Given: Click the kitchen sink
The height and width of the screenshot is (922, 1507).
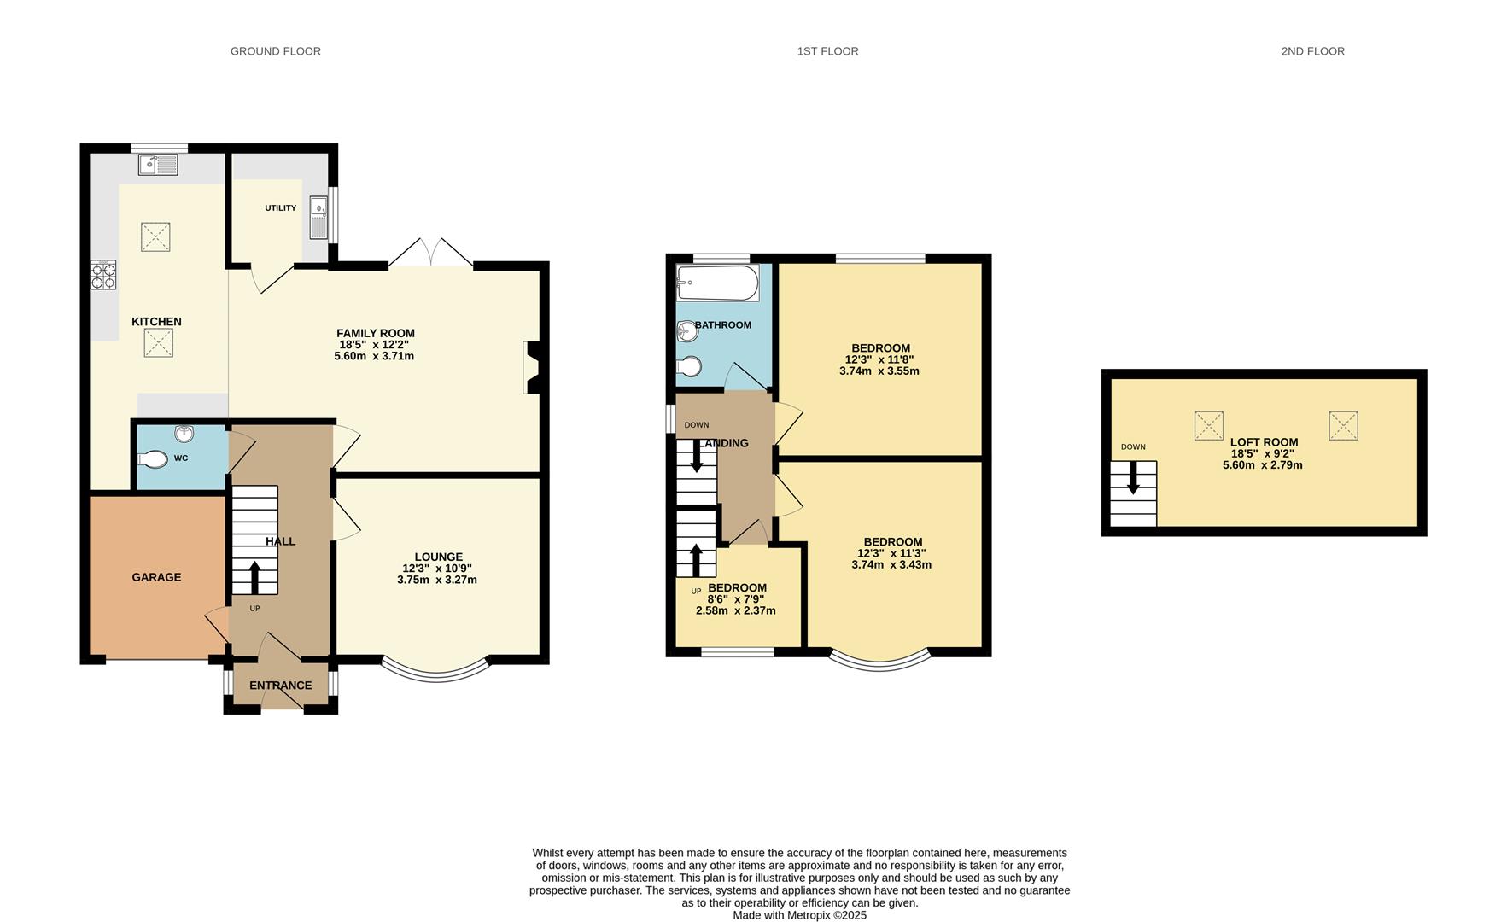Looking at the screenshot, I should coord(158,164).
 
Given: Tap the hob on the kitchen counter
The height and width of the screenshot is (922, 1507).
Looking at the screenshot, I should coord(103,274).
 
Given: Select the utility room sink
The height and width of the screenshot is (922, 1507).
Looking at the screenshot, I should coord(318,217).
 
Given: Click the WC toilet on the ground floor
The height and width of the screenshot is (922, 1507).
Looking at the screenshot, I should coord(153,459).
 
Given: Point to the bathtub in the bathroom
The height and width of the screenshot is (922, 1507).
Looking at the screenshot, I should coord(717,283).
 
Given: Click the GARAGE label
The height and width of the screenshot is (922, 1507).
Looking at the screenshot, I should coord(156,577).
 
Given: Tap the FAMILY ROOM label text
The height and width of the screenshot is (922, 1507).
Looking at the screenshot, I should coord(375,333).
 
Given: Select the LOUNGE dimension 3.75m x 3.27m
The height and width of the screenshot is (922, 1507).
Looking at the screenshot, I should coord(436,580).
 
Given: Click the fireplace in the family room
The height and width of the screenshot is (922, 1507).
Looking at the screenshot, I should coord(531,367).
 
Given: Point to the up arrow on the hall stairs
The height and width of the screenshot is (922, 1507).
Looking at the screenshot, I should coord(254,576).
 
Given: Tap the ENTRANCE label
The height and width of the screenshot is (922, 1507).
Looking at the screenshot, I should coord(280,686).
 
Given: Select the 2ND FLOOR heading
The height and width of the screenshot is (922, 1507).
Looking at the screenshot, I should coord(1312,51).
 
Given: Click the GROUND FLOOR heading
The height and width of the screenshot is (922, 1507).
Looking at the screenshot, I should coord(275,51).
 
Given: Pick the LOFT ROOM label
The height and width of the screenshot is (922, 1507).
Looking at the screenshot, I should coord(1264,442).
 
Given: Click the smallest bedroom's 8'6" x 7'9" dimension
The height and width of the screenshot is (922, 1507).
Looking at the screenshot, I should coord(736,599).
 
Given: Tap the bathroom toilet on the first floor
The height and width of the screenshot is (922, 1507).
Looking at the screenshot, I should coord(689,367).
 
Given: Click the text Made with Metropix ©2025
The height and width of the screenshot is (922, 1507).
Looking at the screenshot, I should coord(799,915).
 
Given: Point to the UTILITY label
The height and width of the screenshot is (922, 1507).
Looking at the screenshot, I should coord(280,208).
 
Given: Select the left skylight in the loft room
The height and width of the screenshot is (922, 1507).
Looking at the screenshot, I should coord(1208,425).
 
